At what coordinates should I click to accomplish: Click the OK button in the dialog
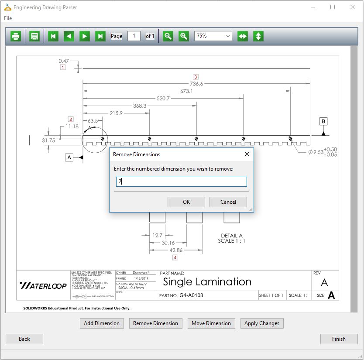point(186,202)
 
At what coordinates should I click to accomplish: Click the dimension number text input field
point(182,182)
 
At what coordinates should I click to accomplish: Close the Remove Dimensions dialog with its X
point(247,154)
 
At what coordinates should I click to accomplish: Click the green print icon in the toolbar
point(16,36)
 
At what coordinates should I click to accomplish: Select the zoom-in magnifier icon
point(184,36)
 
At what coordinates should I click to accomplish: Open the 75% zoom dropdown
point(213,36)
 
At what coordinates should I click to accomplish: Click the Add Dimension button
point(102,323)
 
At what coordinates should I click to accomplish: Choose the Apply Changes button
point(262,323)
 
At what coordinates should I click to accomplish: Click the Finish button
point(339,339)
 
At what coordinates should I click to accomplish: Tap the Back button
point(24,339)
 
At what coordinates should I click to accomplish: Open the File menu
point(8,18)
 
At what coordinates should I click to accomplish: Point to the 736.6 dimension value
point(196,84)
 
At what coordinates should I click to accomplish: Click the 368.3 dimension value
point(140,106)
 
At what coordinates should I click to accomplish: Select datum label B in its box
point(323,121)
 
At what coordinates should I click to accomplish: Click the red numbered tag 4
point(175,257)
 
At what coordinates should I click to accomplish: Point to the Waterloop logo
point(43,285)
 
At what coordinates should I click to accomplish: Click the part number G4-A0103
point(191,295)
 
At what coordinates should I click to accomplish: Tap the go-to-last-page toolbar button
point(100,36)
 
